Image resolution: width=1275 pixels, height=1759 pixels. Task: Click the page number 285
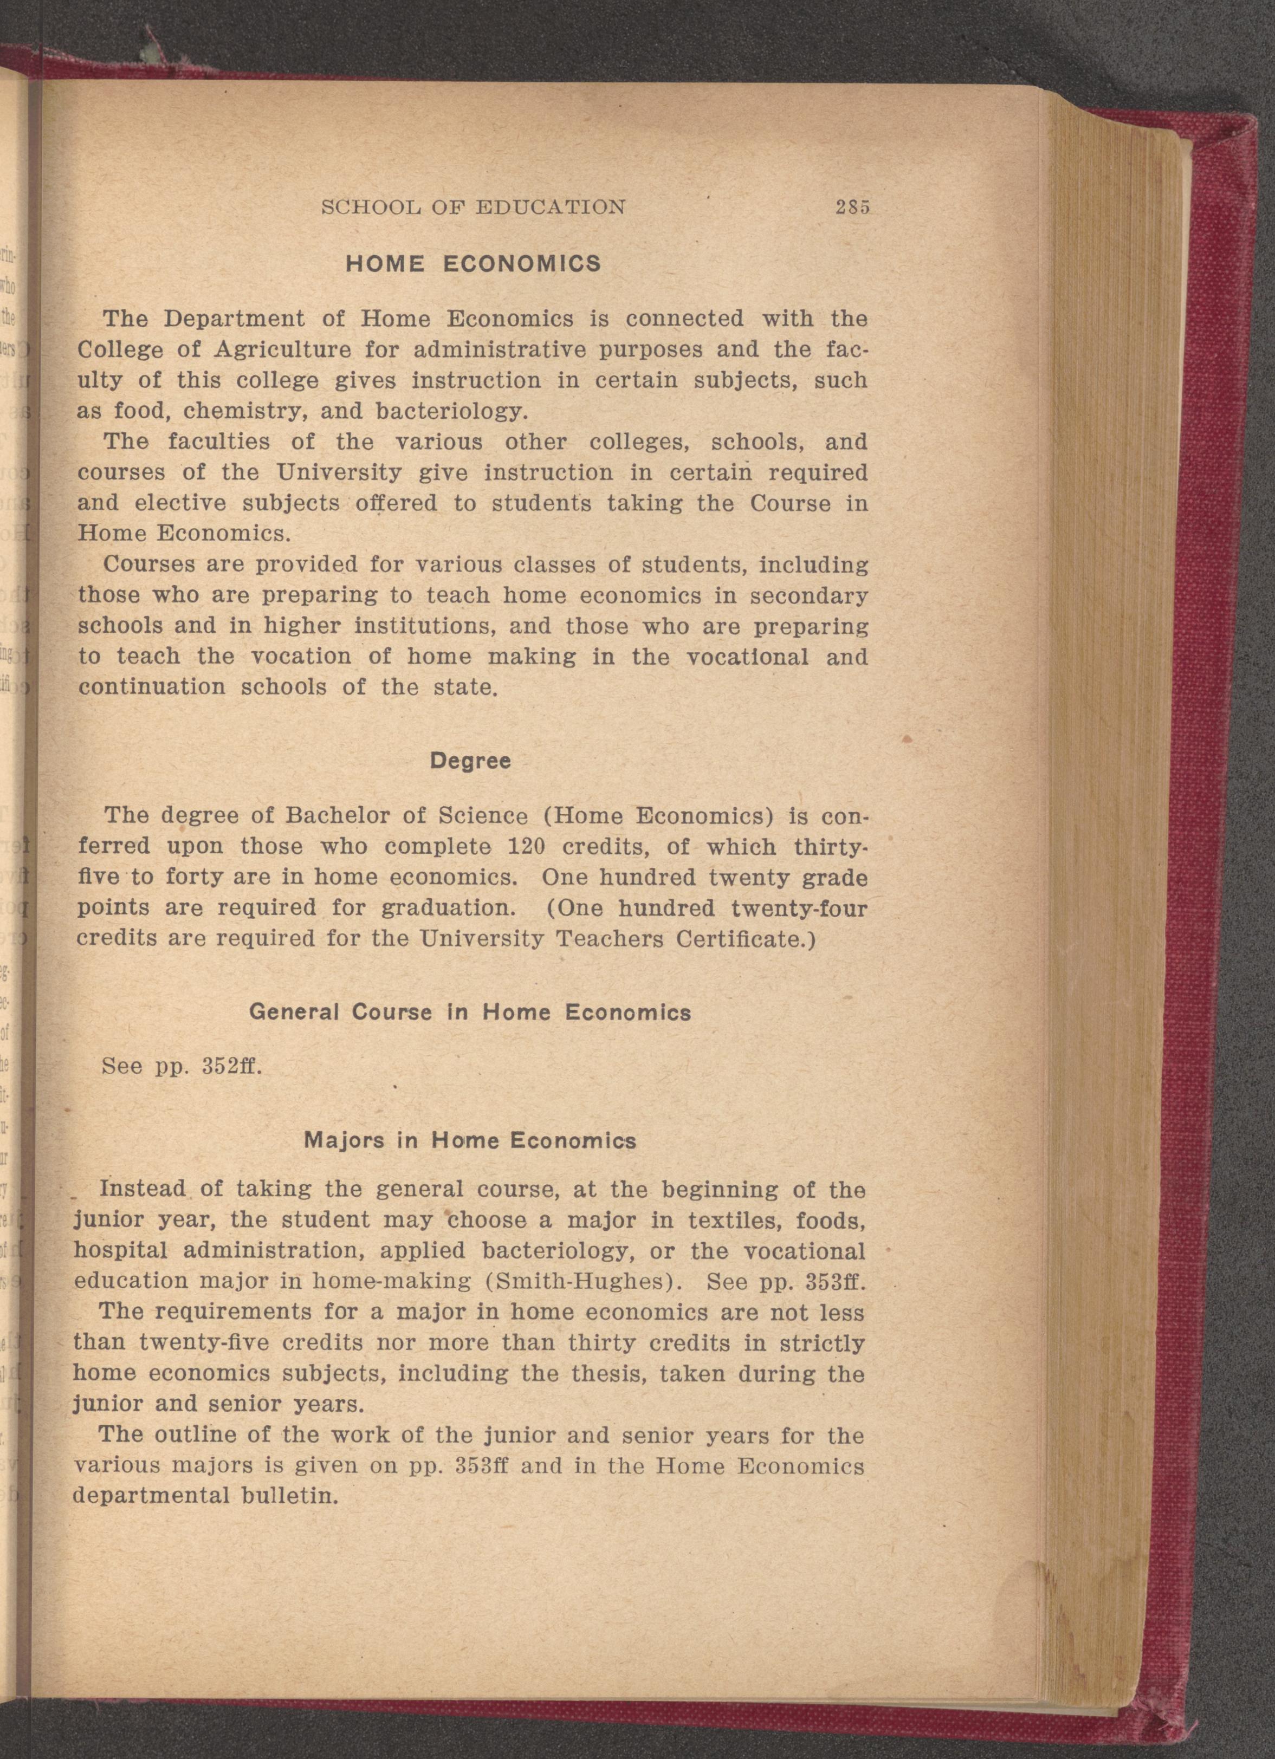click(853, 207)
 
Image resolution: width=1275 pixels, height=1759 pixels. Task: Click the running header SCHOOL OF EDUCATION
click(473, 207)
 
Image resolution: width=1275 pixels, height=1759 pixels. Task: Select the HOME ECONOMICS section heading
click(473, 264)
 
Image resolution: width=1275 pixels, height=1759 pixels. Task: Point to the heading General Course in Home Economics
click(470, 1013)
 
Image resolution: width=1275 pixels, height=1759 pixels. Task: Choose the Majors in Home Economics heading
click(470, 1141)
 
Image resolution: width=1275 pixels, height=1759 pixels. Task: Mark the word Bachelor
click(339, 816)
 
